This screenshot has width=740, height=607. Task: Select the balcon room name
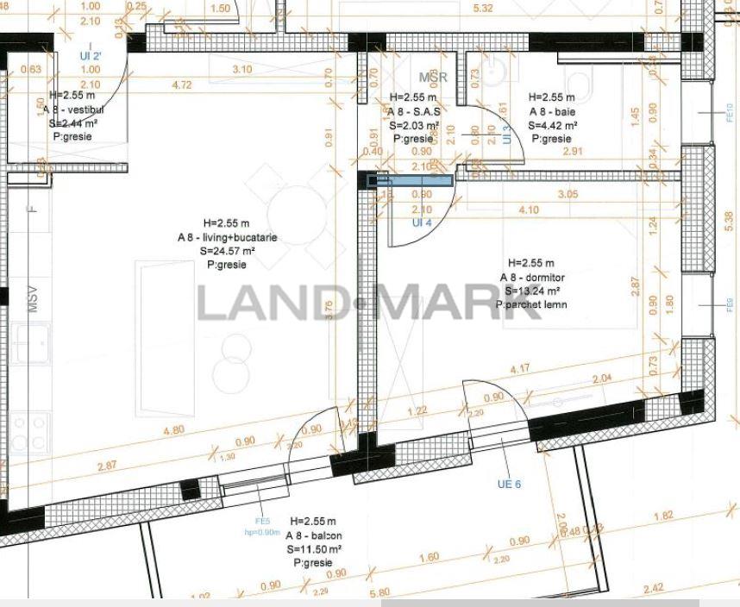pos(314,535)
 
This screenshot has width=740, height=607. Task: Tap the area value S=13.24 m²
pos(532,291)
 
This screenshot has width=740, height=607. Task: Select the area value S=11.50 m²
pos(314,548)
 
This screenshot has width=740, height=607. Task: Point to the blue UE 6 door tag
pos(510,484)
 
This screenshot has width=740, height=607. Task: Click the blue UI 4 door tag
pos(422,222)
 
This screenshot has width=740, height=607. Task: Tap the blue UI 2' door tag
pos(91,56)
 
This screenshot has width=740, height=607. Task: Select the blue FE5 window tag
pos(263,521)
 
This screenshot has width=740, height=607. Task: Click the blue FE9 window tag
pos(729,304)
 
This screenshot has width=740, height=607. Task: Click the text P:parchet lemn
pos(532,304)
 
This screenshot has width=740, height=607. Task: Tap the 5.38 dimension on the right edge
pos(731,217)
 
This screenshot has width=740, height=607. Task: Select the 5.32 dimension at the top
pos(483,9)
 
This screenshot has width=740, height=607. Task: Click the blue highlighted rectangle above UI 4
pos(410,180)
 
